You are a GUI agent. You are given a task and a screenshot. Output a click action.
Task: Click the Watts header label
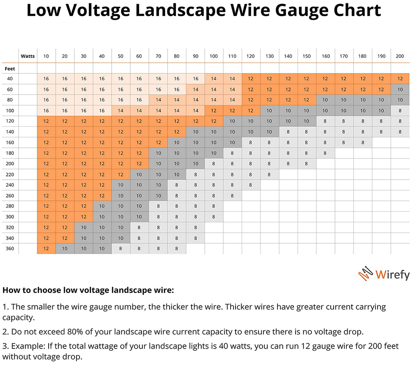(28, 56)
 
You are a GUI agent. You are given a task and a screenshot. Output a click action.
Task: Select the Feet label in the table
(9, 68)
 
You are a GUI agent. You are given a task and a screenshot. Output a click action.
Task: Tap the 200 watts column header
(400, 56)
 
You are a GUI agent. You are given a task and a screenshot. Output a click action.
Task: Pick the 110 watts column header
(232, 56)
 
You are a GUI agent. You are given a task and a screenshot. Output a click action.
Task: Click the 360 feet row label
(9, 248)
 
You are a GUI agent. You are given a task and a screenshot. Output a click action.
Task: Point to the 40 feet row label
(9, 79)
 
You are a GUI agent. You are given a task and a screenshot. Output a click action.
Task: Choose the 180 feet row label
(9, 153)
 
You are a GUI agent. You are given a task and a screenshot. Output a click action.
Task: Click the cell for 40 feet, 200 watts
(400, 79)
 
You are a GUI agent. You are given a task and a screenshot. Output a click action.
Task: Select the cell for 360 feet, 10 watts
(46, 248)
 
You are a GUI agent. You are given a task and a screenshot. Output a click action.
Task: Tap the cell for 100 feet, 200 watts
(400, 110)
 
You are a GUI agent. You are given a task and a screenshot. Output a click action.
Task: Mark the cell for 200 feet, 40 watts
(102, 164)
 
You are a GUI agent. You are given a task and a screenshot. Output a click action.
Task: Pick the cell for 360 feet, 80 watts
(176, 248)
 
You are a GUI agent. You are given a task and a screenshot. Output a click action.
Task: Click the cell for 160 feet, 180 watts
(362, 142)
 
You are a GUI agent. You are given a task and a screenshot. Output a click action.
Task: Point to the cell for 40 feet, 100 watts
(214, 79)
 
